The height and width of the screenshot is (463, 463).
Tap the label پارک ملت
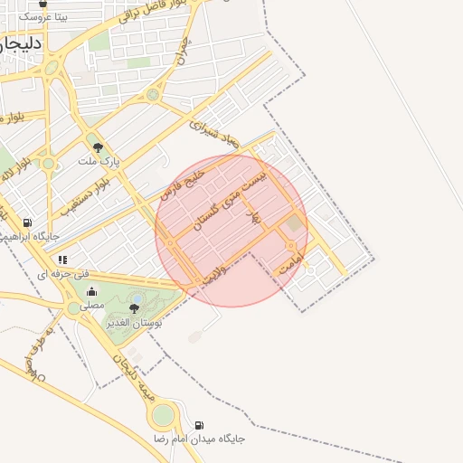(98, 161)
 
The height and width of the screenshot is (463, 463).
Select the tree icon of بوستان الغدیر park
(134, 309)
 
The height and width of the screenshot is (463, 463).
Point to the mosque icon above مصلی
(92, 292)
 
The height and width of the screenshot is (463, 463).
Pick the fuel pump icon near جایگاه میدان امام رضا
(199, 425)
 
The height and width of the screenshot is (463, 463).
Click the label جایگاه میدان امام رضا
(201, 439)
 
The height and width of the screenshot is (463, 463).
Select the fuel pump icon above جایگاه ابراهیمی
(27, 222)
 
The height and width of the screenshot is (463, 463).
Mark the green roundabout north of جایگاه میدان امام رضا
(163, 416)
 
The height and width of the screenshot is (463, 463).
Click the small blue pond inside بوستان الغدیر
(137, 298)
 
